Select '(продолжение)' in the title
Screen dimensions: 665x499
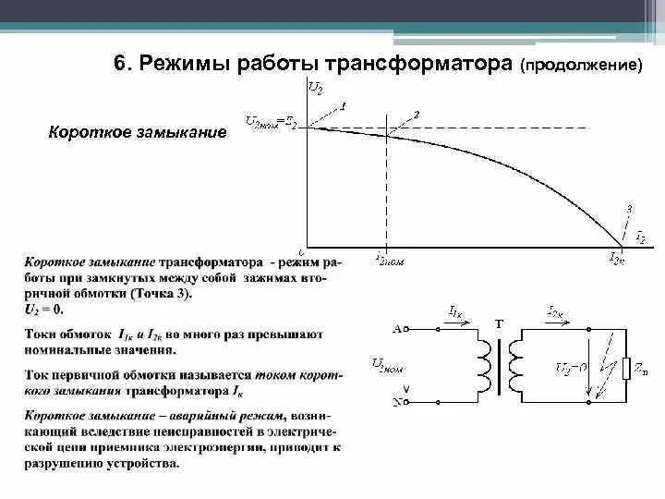[580, 67]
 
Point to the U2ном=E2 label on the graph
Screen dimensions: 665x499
[271, 121]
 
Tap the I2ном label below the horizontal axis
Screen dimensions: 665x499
[390, 260]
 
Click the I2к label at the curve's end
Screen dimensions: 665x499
[616, 260]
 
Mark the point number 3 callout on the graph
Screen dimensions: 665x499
[629, 208]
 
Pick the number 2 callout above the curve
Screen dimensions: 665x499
[417, 114]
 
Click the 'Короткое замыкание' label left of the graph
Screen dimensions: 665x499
[137, 133]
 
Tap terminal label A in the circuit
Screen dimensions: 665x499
[398, 327]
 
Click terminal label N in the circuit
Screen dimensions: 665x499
[398, 402]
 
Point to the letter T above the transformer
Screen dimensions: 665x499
[500, 323]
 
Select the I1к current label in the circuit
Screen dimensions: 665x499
[455, 313]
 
